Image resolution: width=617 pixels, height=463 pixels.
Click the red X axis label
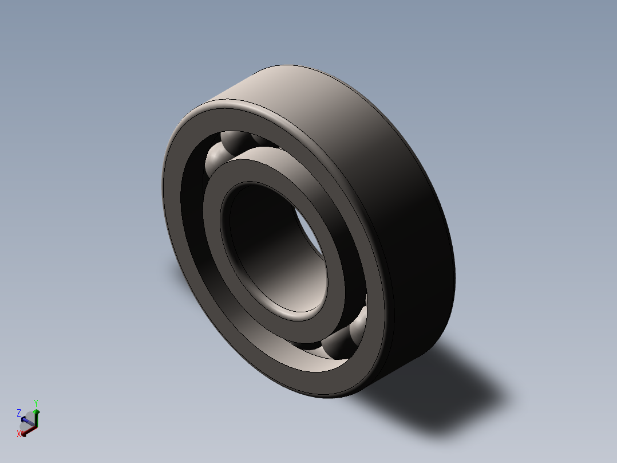click(x=19, y=434)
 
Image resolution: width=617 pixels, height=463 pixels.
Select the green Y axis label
click(x=35, y=403)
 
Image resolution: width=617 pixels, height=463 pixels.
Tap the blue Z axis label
click(x=19, y=413)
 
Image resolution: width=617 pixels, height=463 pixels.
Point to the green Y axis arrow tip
click(x=37, y=411)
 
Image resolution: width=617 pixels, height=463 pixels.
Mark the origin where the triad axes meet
click(x=36, y=427)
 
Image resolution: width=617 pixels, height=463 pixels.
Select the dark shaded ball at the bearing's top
click(x=234, y=141)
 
